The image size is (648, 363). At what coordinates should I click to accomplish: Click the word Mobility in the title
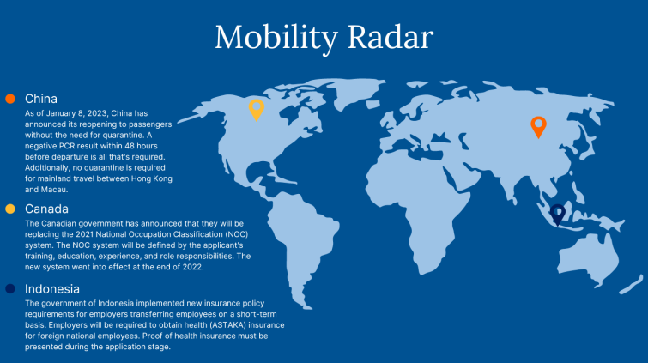coord(276,38)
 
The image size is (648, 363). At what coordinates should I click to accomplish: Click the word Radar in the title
coord(391,37)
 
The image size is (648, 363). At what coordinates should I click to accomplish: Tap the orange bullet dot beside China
coord(10,99)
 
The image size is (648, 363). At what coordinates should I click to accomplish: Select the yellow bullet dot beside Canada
coord(10,209)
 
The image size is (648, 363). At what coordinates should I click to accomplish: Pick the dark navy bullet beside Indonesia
coord(10,288)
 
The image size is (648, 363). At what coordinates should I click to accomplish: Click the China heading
coord(41,99)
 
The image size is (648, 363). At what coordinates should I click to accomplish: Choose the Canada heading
coord(46,209)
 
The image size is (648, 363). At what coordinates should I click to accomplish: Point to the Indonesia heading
coord(52,288)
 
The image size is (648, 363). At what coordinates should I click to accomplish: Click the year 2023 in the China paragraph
coord(98,113)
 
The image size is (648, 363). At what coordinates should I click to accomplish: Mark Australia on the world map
coord(588,257)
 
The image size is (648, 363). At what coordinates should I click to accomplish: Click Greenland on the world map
coord(356,92)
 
